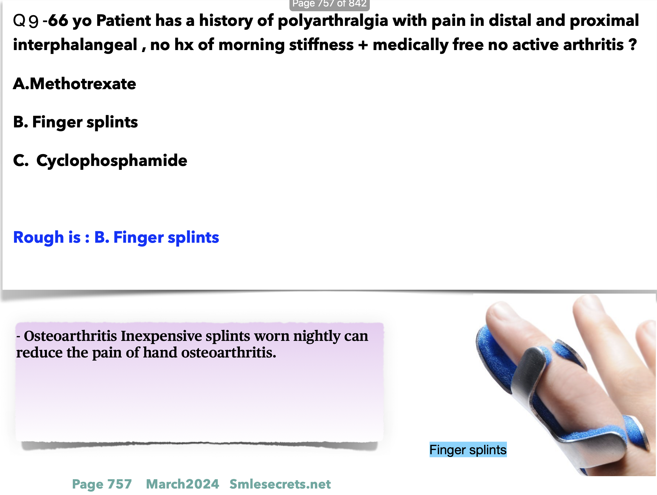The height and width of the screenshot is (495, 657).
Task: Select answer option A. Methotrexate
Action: coord(74,84)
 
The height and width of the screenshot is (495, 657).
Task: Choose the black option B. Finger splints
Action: coord(75,122)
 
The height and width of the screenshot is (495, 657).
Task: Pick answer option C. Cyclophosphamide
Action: coord(100,161)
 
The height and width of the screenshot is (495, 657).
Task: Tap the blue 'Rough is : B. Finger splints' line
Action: coord(116,237)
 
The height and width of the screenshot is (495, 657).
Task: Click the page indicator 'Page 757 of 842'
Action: coord(329,4)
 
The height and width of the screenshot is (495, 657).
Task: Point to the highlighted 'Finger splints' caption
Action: coord(468,449)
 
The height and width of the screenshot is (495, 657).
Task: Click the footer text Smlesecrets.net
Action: coord(280,484)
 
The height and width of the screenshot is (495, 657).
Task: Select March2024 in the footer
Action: coord(182,484)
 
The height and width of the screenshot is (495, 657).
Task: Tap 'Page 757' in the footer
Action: coord(102,484)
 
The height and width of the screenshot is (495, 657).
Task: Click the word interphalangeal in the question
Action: coord(75,45)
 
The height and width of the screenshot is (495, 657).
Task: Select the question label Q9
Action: coord(26,21)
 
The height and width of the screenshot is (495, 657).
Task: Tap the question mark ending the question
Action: coord(633,44)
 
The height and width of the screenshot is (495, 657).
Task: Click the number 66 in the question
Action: coord(58,21)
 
